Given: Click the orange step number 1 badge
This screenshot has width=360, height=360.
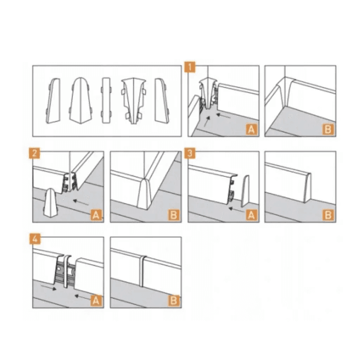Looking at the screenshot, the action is click(190, 67).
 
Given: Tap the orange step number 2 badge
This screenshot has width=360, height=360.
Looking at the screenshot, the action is click(34, 153).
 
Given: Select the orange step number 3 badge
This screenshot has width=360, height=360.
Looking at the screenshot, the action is click(190, 153).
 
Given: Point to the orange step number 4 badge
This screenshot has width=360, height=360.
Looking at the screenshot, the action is click(35, 239).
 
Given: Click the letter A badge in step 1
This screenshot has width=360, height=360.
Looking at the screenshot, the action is click(251, 129).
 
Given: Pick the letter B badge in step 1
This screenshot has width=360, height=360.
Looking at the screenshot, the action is click(328, 129).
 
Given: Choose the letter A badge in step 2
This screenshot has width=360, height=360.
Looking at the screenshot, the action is click(96, 215).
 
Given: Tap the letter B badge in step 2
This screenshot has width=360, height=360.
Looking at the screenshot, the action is click(174, 215).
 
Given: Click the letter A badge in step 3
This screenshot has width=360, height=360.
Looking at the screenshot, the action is click(251, 215).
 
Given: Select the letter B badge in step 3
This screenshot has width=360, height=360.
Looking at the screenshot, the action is click(328, 215).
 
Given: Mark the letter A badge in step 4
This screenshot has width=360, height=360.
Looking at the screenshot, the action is click(96, 300).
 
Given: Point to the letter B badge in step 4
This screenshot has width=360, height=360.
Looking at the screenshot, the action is click(174, 300).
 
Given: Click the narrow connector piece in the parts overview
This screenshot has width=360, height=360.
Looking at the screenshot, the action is click(106, 100).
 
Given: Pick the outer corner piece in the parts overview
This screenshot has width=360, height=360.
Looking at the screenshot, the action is click(80, 101).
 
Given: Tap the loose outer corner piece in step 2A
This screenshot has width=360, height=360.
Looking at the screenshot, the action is click(51, 202).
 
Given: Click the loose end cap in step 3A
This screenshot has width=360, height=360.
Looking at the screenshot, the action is click(245, 191).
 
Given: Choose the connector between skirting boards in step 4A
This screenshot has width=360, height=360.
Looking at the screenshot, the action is click(67, 271).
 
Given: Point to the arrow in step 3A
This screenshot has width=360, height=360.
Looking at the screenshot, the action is click(236, 210).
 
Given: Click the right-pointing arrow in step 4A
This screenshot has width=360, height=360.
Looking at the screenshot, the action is click(48, 287).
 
